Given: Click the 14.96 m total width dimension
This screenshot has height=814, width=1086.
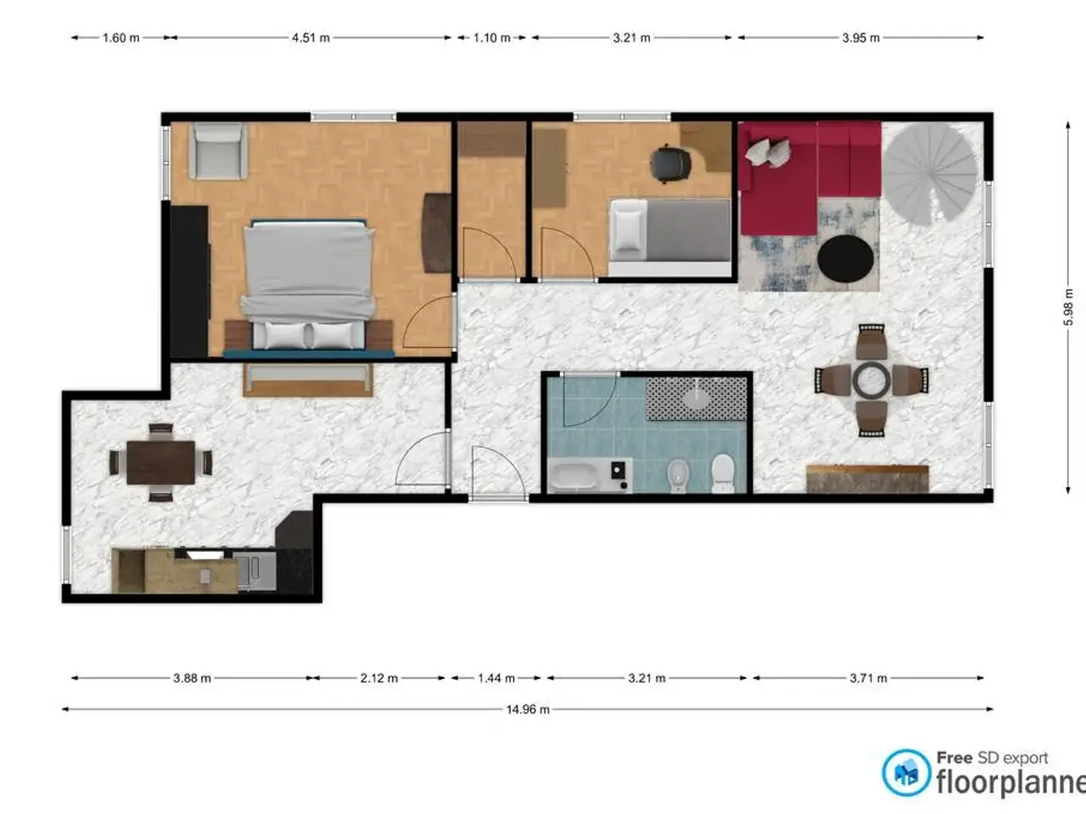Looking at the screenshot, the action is pyautogui.click(x=528, y=710).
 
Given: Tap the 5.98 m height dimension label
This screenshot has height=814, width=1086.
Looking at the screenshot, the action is pyautogui.click(x=1068, y=308).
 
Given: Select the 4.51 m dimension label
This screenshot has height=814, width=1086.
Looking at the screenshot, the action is pyautogui.click(x=311, y=37).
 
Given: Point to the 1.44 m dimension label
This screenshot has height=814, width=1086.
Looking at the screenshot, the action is pyautogui.click(x=495, y=678).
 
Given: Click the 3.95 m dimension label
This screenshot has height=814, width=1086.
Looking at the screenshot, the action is pyautogui.click(x=861, y=37).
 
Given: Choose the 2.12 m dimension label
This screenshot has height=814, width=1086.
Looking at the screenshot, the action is pyautogui.click(x=379, y=678).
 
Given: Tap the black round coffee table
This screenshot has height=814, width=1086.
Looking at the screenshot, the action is pyautogui.click(x=845, y=259).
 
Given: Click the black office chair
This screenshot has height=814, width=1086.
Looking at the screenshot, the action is pyautogui.click(x=670, y=163).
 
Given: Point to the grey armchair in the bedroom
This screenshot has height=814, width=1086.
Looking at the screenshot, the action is pyautogui.click(x=218, y=151).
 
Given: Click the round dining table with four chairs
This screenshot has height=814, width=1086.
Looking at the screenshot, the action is pyautogui.click(x=871, y=380).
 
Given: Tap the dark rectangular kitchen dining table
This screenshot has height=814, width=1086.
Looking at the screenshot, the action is pyautogui.click(x=161, y=463).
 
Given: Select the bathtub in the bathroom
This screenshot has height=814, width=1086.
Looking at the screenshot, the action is pyautogui.click(x=574, y=476).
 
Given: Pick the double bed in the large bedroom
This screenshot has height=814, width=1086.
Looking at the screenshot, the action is pyautogui.click(x=308, y=287).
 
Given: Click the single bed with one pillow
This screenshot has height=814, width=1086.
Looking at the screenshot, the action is pyautogui.click(x=670, y=237).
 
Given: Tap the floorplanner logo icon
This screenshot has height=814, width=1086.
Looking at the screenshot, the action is pyautogui.click(x=906, y=772).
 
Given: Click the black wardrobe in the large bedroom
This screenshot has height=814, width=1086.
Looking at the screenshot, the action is pyautogui.click(x=189, y=281).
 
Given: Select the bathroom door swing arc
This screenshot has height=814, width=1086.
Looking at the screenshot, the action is pyautogui.click(x=590, y=401).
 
